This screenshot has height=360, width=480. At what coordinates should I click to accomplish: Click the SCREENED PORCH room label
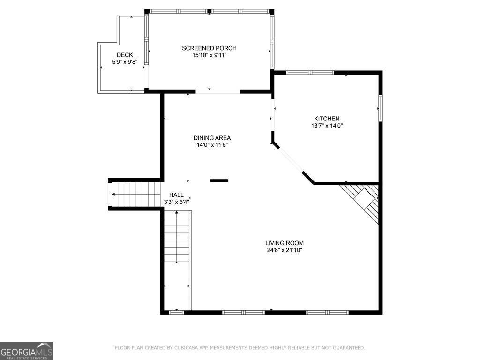pos(209,48)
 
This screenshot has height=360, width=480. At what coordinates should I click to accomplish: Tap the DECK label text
pos(125,55)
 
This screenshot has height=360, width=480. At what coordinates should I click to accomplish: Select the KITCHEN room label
pos(327,119)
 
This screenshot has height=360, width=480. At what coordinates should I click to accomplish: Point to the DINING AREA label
pos(212,138)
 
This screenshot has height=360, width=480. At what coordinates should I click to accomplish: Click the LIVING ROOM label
pos(284,243)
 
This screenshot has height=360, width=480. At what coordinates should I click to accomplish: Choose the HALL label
pos(176,195)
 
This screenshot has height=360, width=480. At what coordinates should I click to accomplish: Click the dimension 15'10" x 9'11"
pos(209,55)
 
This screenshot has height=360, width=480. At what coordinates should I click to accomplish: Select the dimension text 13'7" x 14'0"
pos(327,126)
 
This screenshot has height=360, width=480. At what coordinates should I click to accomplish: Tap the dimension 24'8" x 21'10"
pos(284,250)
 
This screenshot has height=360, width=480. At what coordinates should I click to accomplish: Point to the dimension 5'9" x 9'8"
pos(125,62)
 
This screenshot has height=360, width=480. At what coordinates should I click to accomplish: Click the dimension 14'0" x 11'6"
pos(212,145)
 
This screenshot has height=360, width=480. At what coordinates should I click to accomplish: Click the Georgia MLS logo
pos(27,351)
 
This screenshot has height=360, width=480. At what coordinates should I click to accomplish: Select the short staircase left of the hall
pos(136,194)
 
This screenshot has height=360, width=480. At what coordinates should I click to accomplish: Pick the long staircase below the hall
pos(177,237)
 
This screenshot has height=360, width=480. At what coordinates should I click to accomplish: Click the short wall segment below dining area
pos(219,180)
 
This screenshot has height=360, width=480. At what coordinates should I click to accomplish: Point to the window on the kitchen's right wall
pos(380,108)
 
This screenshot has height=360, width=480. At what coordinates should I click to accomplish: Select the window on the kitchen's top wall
pos(310,73)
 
